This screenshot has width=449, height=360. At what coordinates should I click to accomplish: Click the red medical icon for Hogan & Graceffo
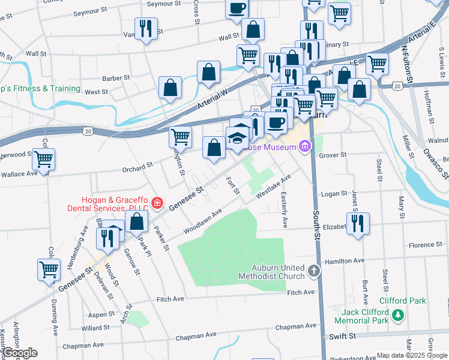[x=157, y=203]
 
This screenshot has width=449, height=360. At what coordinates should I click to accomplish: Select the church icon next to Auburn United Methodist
[x=313, y=272]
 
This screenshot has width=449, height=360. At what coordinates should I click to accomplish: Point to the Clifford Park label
[x=402, y=301]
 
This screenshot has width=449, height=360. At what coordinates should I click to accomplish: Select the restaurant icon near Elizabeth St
[x=357, y=224]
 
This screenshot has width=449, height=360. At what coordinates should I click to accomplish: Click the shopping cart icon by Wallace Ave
[x=43, y=160]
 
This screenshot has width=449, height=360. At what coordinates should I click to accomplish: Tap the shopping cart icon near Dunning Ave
[x=49, y=269]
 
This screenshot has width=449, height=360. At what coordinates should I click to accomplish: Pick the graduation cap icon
[x=237, y=137]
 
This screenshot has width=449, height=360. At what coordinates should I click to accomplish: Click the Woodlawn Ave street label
[x=203, y=220]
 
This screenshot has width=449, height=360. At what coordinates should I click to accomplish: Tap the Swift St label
[x=341, y=337]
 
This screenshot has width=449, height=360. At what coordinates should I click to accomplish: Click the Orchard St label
[x=139, y=168]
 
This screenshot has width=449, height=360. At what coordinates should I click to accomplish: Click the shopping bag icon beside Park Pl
[x=137, y=221]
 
